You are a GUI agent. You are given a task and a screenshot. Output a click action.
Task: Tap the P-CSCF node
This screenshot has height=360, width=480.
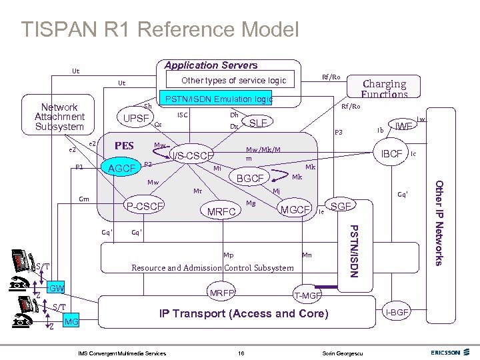pos(145,207)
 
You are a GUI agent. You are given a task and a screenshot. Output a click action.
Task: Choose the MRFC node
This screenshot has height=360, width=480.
pos(222,212)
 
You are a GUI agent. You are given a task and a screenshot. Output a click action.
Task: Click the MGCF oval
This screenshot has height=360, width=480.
pos(295,210)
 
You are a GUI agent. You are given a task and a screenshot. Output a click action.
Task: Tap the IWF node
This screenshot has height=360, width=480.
pos(403,125)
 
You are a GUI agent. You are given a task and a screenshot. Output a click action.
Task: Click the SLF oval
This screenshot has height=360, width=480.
pos(257,123)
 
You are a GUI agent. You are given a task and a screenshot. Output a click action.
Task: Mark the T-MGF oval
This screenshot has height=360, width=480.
pos(307,295)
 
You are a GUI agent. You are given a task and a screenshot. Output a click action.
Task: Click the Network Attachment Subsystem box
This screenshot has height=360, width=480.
pos(60,117)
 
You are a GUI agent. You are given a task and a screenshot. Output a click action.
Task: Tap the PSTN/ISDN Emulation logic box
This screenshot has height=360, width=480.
pos(219,99)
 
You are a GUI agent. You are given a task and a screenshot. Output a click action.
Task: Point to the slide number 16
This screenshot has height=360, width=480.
pos(241,351)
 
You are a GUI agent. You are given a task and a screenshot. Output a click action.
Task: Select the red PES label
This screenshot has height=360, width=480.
pos(125,145)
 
